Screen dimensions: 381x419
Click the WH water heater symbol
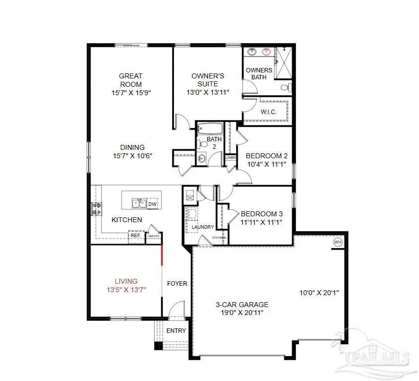click(338, 242)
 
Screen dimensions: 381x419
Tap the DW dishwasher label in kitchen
click(153, 203)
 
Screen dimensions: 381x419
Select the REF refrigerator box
click(134, 236)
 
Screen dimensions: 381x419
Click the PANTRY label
click(153, 236)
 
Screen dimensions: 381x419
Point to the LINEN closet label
click(231, 158)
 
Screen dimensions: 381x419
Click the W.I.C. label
click(268, 112)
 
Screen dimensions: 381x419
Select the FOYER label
click(177, 284)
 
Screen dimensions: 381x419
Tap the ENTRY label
click(176, 331)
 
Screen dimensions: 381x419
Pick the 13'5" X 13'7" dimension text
click(126, 289)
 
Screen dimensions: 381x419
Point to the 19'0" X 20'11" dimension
click(242, 313)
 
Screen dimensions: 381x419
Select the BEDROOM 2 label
click(267, 156)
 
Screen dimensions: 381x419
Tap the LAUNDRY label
click(202, 227)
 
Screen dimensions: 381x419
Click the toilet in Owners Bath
click(285, 88)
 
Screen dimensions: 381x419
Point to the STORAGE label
click(220, 238)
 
